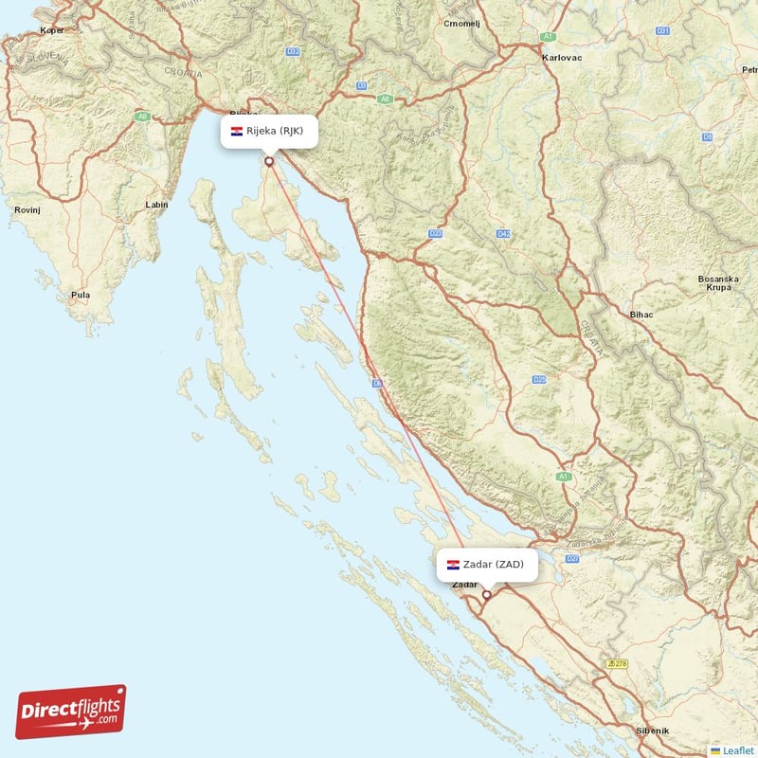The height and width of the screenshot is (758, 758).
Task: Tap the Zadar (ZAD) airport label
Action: pos(494,565)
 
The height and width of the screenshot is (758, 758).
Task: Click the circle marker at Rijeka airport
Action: pos(269,161)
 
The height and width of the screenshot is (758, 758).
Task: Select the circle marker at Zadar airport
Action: pos(487,595)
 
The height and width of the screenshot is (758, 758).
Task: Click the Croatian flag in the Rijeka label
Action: pos(237,131)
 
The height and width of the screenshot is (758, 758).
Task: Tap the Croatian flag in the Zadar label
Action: pos(454,565)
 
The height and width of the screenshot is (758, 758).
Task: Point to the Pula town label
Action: pos(81,295)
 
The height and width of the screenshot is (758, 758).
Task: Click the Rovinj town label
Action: pos(27,209)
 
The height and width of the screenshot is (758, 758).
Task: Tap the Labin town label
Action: pos(156,205)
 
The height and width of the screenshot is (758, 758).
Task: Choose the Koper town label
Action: pos(51,30)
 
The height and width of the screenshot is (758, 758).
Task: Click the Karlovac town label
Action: pos(562,57)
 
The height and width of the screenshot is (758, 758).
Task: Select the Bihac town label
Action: pos(642,313)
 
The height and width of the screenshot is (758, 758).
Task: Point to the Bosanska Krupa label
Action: pos(716,284)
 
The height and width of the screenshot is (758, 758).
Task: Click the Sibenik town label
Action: pos(652,731)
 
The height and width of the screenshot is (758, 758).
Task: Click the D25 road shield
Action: pos(538,379)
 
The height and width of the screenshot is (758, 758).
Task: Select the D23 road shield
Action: pos(436,233)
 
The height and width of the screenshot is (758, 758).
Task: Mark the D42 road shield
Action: pos(503,233)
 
